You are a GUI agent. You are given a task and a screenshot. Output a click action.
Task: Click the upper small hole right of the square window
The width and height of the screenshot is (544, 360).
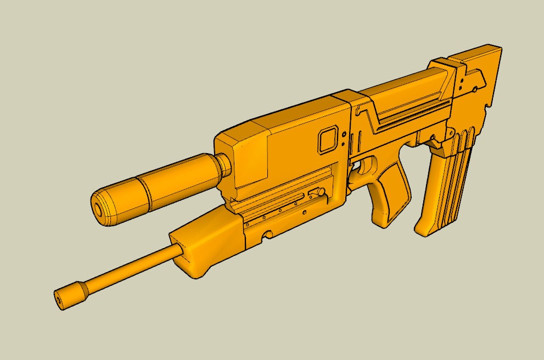(344, 133)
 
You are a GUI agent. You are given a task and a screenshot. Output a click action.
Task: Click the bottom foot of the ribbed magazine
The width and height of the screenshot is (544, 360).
(428, 228)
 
